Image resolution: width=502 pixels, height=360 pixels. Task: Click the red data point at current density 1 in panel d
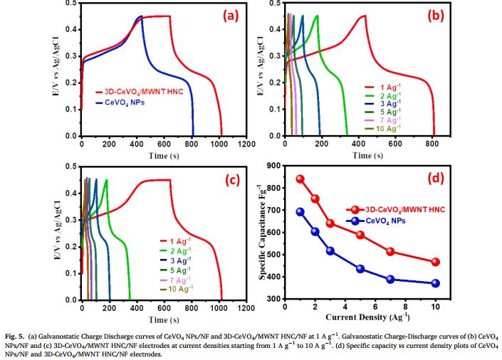point(300,179)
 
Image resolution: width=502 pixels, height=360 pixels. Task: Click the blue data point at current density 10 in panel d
point(435,283)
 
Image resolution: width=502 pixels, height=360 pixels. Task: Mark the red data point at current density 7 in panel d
point(390,252)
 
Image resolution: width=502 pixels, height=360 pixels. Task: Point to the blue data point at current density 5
point(360,269)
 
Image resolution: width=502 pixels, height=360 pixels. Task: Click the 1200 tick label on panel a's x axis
point(246,144)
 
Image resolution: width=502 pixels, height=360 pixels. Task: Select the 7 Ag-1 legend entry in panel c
point(179,280)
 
